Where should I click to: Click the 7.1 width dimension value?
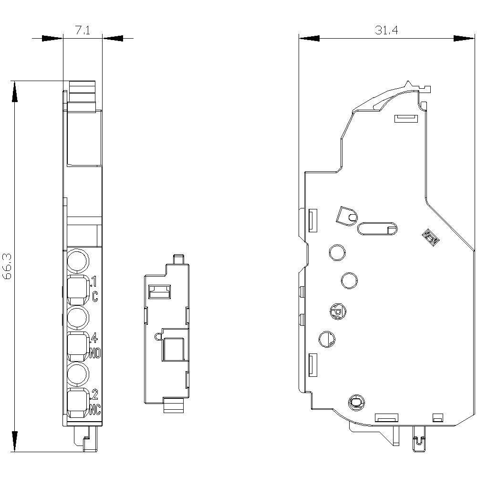point(83,31)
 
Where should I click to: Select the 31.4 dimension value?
point(386,31)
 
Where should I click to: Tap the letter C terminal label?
point(95,296)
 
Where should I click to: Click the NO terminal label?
point(94,353)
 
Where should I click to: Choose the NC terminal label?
point(95,409)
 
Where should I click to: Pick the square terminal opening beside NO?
point(77,347)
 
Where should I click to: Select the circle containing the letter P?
point(336,311)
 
